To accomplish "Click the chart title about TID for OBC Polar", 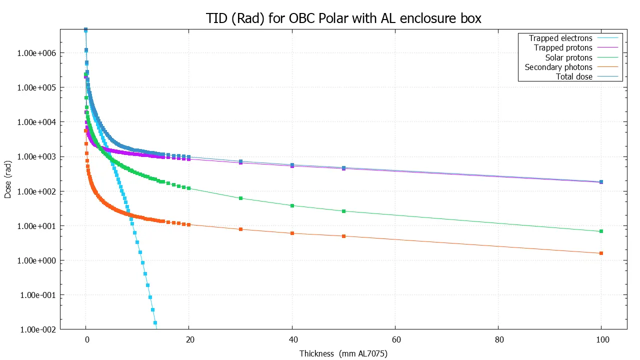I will pos(343,18).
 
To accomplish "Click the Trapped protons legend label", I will pos(563,48).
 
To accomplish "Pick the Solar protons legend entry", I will pos(568,57).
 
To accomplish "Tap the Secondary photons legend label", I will pos(558,67).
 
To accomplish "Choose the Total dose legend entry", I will pos(574,76).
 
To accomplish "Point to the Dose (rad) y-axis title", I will pos(8,179).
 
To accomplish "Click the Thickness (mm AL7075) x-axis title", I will pos(343,353).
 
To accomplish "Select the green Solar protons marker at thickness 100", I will pos(601,231).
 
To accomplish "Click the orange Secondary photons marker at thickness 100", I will pos(601,253).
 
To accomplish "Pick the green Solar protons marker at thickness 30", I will pos(240,198).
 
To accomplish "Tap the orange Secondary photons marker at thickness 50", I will pos(343,236).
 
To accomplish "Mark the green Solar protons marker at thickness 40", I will pos(292,205).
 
